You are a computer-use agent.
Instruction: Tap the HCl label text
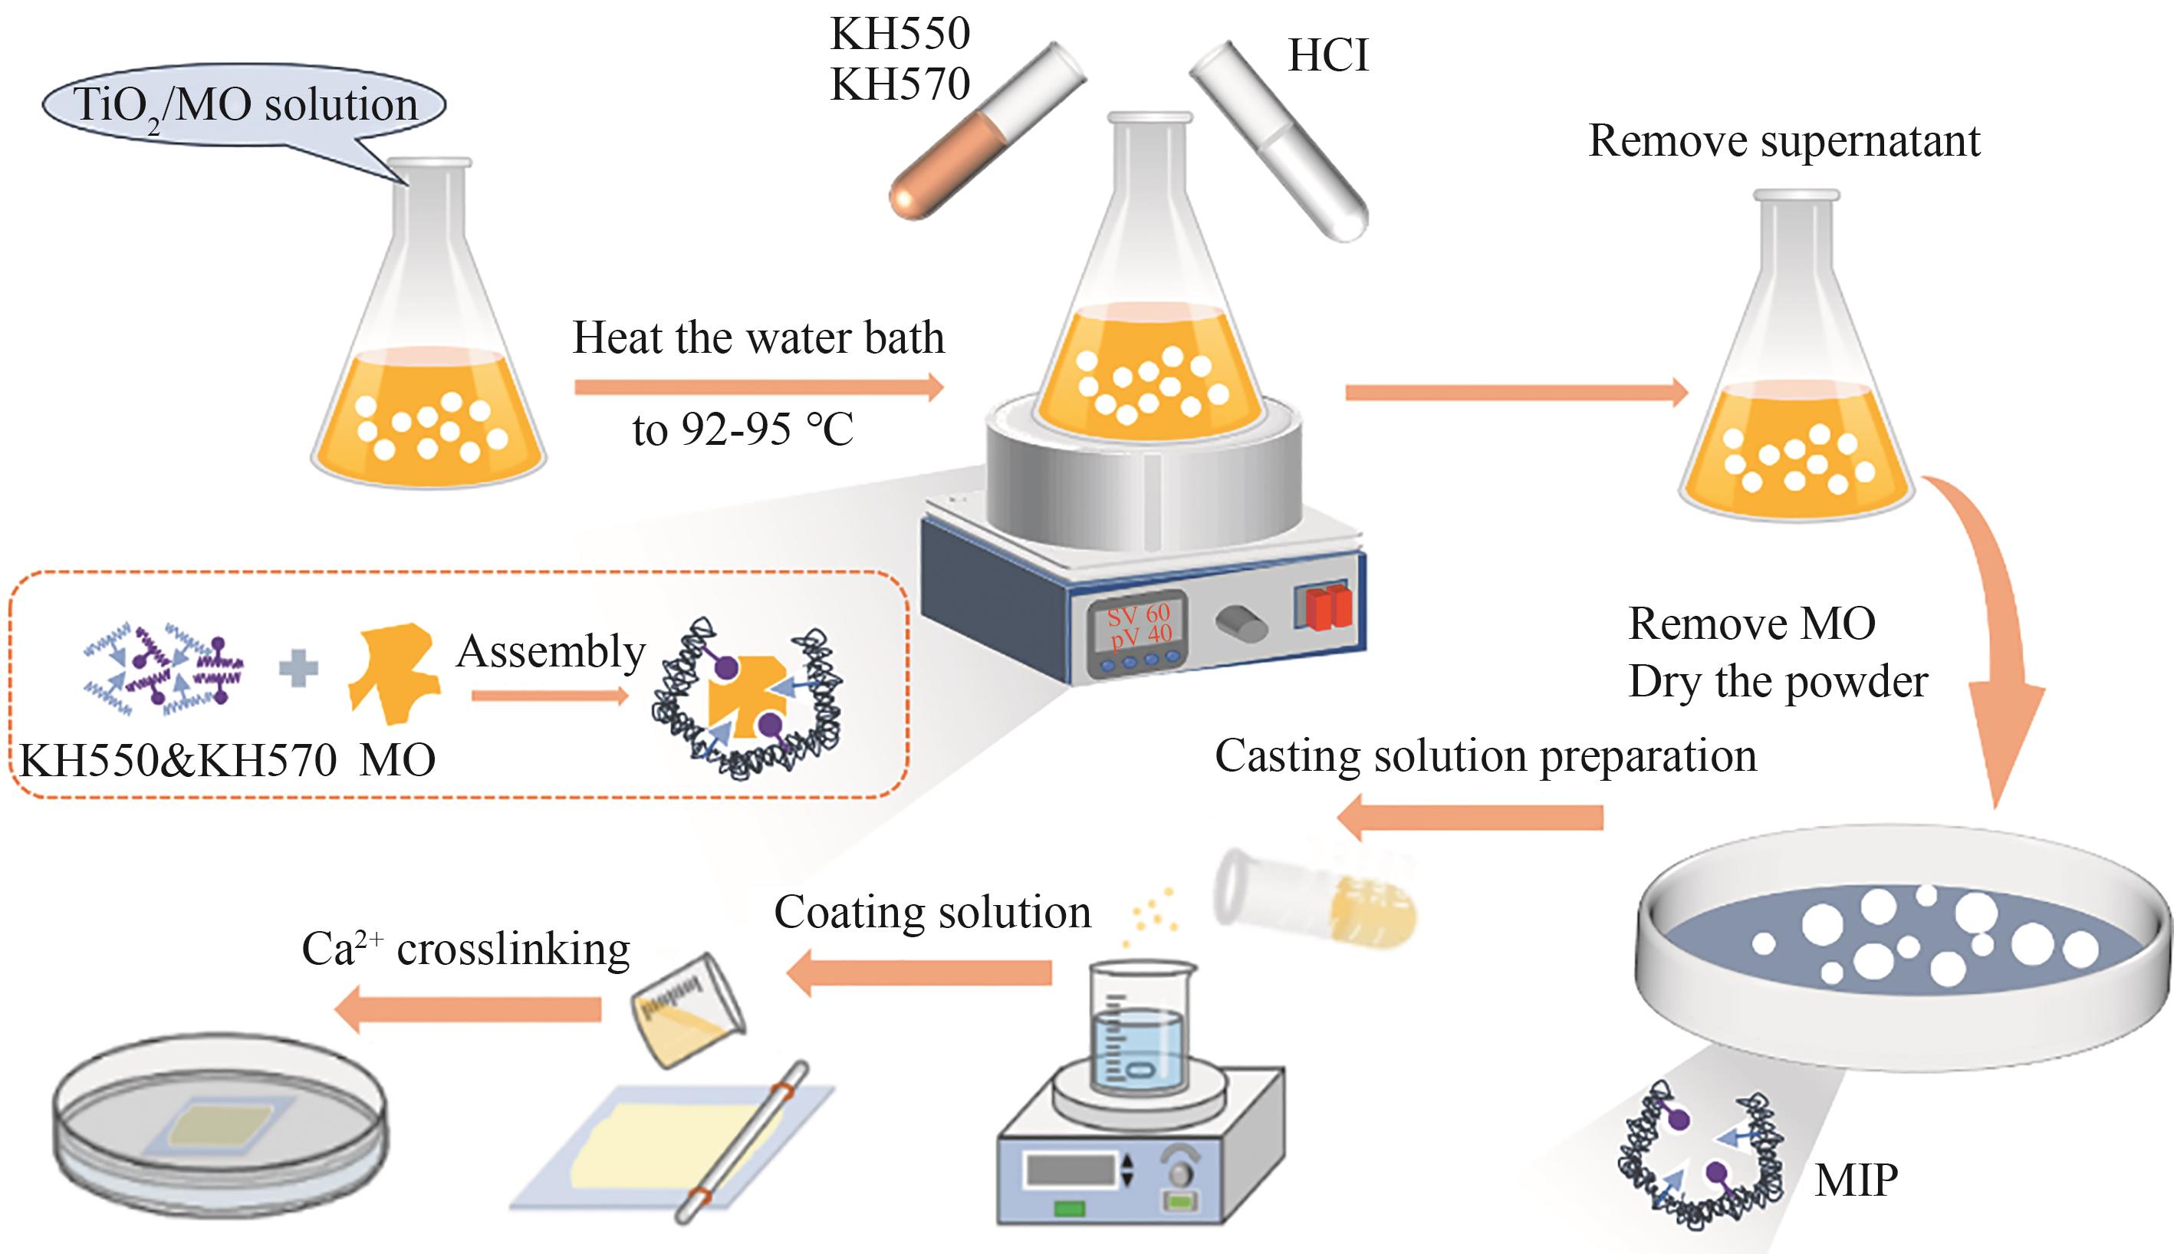[1327, 56]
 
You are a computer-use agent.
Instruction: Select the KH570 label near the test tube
[900, 84]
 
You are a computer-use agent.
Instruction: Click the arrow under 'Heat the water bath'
[758, 387]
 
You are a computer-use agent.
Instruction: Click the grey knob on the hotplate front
[1240, 622]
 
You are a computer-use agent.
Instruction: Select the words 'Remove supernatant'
[1783, 140]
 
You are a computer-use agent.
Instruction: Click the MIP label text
[1856, 1179]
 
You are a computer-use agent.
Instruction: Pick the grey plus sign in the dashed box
[299, 670]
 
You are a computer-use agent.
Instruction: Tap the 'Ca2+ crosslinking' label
[465, 950]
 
